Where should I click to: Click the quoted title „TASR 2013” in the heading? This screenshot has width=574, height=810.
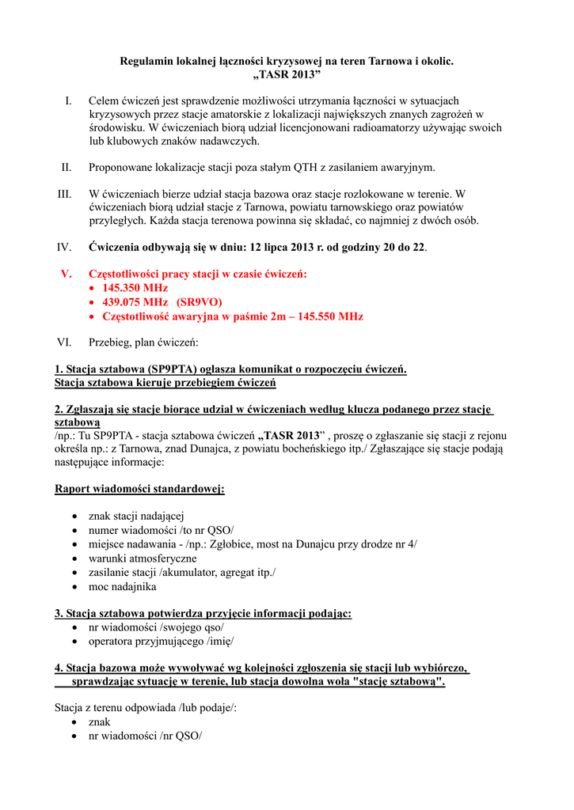pos(287,74)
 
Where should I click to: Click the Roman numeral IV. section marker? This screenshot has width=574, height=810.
pos(64,248)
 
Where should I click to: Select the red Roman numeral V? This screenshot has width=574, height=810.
pos(67,274)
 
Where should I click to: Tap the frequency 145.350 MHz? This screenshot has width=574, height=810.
pos(135,288)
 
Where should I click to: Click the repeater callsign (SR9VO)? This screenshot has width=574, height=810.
pos(200,302)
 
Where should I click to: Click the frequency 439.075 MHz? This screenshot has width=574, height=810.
pos(135,302)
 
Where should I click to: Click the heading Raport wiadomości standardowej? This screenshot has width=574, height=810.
pos(139,489)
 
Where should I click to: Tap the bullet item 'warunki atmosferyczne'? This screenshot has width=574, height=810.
pos(143,558)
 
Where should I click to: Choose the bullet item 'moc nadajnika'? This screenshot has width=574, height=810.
pos(122,587)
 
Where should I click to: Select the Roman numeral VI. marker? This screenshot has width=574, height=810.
pos(64,343)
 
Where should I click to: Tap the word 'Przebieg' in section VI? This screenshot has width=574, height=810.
pos(110,343)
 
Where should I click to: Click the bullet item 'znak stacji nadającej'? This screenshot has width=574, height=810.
pos(136,516)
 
